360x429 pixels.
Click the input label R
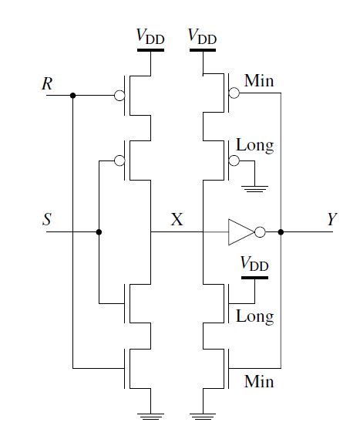[x=47, y=83]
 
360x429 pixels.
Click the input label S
[x=47, y=219]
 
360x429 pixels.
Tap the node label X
[x=177, y=219]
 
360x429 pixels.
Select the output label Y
[x=332, y=219]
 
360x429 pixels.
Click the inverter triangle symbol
[x=241, y=232]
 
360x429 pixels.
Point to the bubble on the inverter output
[x=260, y=232]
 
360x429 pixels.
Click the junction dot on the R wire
[x=72, y=95]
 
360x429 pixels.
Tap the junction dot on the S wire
[x=99, y=232]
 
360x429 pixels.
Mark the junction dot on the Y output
[x=281, y=232]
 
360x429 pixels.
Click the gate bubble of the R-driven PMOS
[x=119, y=96]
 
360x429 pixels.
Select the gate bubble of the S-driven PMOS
[x=119, y=160]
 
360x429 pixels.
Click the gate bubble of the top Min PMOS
[x=234, y=93]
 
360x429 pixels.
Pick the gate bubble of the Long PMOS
[x=234, y=160]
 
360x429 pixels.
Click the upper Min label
[x=259, y=81]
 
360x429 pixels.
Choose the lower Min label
[x=259, y=381]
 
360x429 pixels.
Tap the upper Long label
[x=254, y=146]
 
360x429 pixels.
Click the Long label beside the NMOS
[x=254, y=317]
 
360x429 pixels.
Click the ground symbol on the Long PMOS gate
[x=254, y=189]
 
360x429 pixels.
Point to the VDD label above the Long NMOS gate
[x=254, y=265]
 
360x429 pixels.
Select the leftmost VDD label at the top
[x=150, y=37]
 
